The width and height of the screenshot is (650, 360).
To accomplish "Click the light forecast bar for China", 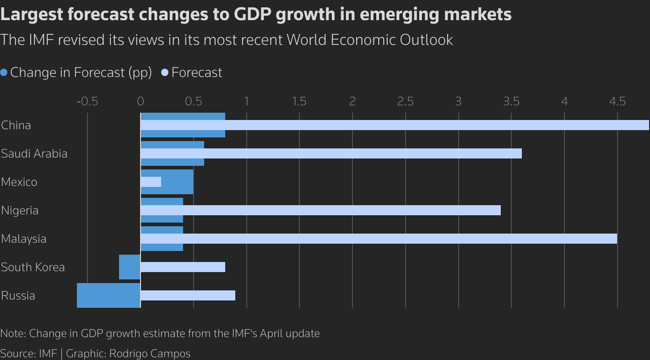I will tap(394, 125).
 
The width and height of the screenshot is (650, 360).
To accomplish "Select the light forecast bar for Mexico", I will tap(151, 182).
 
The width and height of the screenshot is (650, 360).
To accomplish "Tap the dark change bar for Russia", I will tap(108, 295).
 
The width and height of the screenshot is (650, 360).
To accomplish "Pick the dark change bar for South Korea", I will tap(130, 267).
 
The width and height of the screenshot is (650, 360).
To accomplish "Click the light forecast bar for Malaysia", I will tap(379, 239).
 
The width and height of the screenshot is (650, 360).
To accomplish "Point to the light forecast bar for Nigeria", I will tap(320, 210).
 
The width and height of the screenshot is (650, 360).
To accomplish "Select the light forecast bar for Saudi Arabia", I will tap(331, 153).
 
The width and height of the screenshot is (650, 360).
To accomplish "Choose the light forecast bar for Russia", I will tap(188, 295).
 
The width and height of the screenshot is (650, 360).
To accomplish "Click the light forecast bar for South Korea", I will tap(183, 267).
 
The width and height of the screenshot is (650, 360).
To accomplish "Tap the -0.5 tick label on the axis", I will tap(87, 101).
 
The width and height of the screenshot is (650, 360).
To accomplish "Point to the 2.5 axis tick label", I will tap(405, 101).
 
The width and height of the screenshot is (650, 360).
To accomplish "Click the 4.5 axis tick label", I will tap(617, 101).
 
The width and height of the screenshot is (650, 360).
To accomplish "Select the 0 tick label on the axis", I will tap(141, 101).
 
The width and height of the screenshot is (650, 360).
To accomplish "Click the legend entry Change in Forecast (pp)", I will tap(81, 72).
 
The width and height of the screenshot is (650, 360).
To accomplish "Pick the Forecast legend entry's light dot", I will tap(165, 72).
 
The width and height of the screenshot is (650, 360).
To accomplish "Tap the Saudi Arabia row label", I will tap(34, 153).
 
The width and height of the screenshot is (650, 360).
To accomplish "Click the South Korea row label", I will tap(33, 267).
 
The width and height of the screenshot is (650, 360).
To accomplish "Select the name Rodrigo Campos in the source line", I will tap(150, 354).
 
